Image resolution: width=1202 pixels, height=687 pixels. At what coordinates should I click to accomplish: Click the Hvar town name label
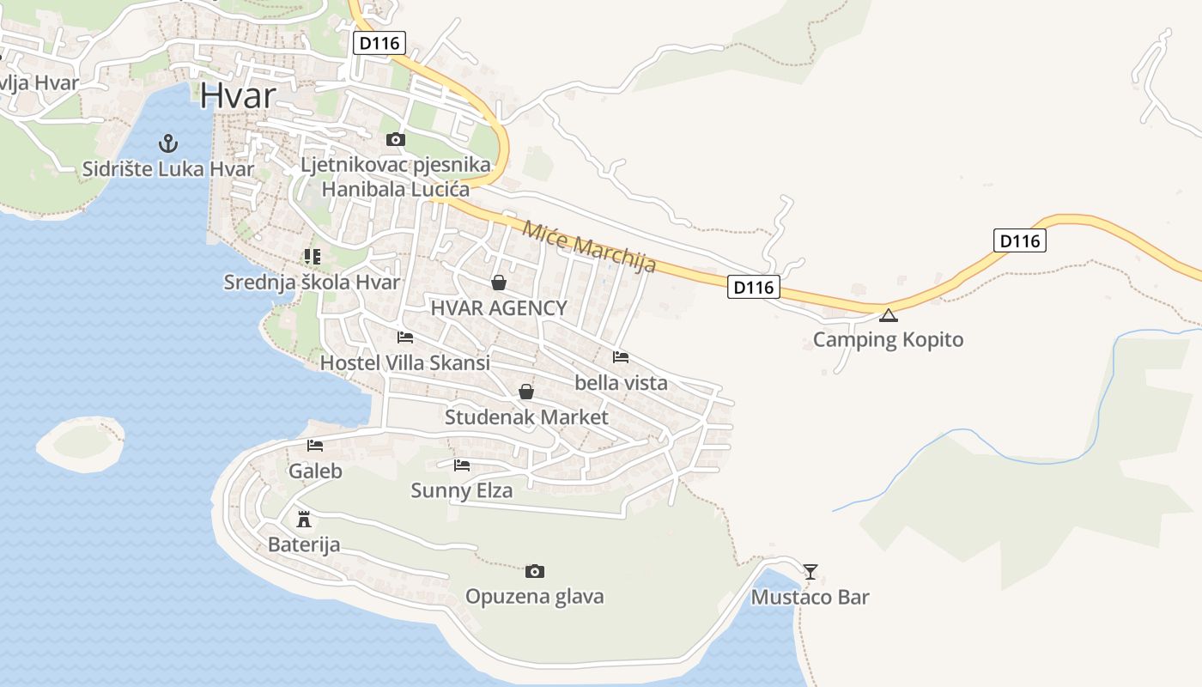pyautogui.click(x=238, y=95)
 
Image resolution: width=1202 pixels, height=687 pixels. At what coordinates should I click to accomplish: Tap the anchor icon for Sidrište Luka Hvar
pyautogui.click(x=168, y=142)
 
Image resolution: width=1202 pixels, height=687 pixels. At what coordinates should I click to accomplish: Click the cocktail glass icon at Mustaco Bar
pyautogui.click(x=810, y=571)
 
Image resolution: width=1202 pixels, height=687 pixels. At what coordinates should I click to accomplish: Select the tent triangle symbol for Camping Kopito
pyautogui.click(x=889, y=314)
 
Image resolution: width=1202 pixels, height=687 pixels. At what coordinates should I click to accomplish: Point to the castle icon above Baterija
pyautogui.click(x=303, y=520)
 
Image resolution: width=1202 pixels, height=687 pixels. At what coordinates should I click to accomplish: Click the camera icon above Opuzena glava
pyautogui.click(x=534, y=571)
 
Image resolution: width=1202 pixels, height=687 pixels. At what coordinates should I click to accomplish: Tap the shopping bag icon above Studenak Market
pyautogui.click(x=526, y=392)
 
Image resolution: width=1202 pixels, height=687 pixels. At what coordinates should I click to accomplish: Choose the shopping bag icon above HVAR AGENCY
pyautogui.click(x=498, y=283)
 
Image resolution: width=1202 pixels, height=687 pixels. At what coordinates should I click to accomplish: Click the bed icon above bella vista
pyautogui.click(x=621, y=357)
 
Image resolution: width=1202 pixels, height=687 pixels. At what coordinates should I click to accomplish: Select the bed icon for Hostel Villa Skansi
pyautogui.click(x=405, y=337)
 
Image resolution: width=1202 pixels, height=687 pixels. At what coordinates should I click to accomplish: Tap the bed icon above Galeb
pyautogui.click(x=315, y=446)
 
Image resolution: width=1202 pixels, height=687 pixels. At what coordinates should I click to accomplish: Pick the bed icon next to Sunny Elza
pyautogui.click(x=462, y=465)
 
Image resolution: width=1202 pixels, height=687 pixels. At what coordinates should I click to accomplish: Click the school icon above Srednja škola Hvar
pyautogui.click(x=312, y=257)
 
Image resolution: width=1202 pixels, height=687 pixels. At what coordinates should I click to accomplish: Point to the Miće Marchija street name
pyautogui.click(x=589, y=246)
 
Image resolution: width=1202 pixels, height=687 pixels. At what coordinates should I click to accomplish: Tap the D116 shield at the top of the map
pyautogui.click(x=379, y=43)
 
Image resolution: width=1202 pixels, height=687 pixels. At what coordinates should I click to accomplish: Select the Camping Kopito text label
pyautogui.click(x=888, y=340)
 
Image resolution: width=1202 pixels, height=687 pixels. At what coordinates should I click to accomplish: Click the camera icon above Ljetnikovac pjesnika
pyautogui.click(x=395, y=139)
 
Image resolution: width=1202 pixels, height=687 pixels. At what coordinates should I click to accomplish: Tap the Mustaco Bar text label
pyautogui.click(x=810, y=598)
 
